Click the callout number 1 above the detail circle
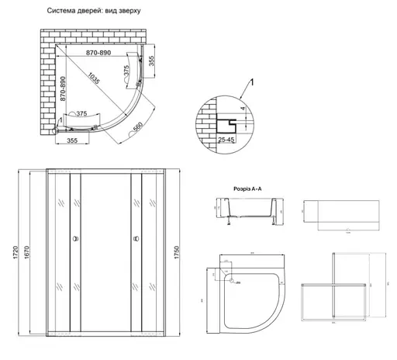click(x=250, y=83)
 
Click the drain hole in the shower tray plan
click(x=231, y=280)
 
